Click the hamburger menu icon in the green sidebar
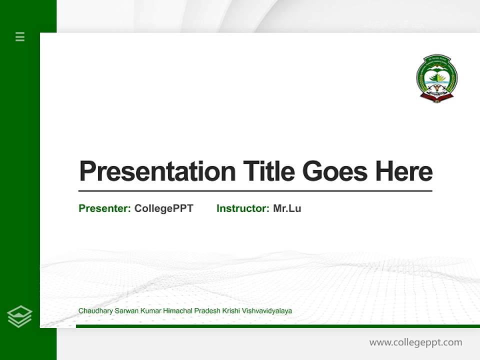point(20,36)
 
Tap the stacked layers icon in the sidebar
point(19,316)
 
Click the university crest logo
point(436,79)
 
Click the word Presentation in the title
point(157,171)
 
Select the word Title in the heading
point(268,171)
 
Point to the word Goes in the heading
point(335,171)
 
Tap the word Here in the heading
point(403,171)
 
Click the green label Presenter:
point(104,208)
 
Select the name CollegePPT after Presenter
point(163,208)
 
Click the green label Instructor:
point(242,208)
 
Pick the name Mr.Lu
point(287,208)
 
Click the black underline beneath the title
point(255,191)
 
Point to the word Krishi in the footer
point(231,311)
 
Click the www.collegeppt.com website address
point(415,342)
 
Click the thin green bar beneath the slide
point(277,326)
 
